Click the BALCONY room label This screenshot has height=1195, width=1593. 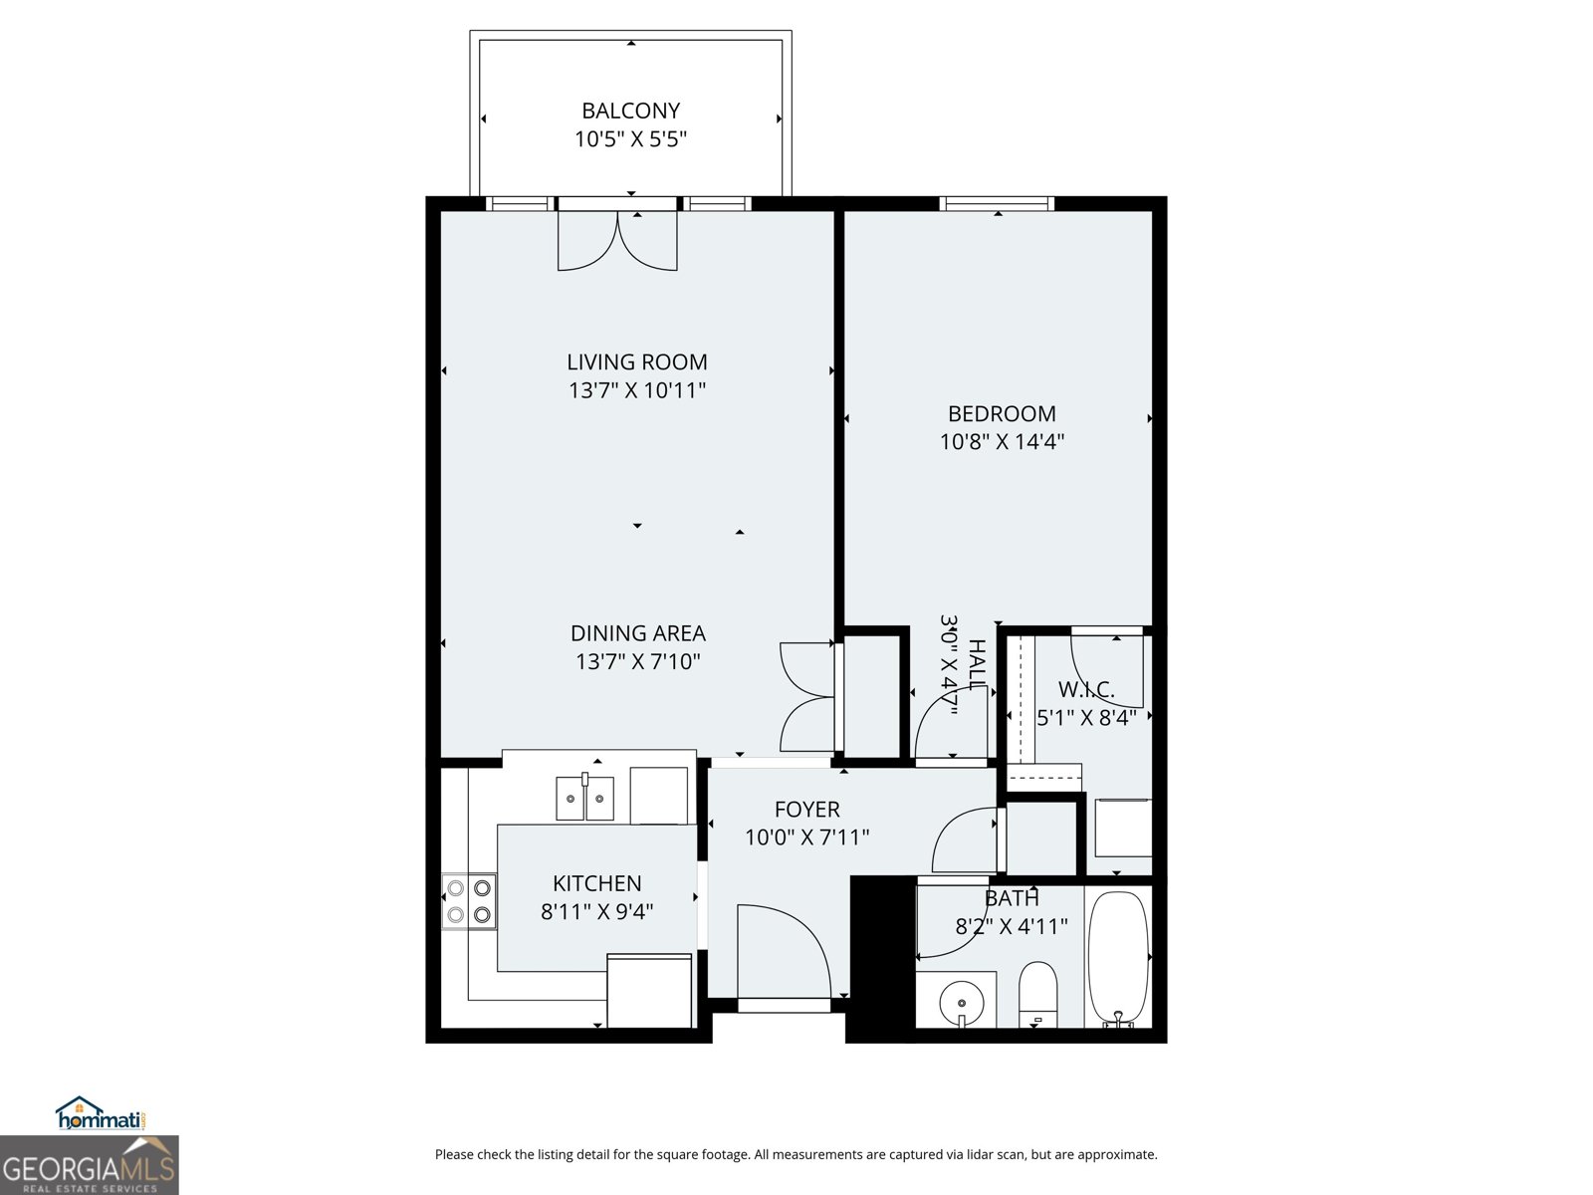click(x=630, y=111)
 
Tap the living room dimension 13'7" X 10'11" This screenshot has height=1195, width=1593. click(x=637, y=390)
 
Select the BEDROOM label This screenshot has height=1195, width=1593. click(x=1002, y=413)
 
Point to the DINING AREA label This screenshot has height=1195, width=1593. click(x=637, y=633)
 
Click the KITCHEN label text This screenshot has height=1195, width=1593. click(x=596, y=883)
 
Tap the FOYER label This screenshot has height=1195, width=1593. click(x=806, y=810)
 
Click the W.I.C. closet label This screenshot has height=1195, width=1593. click(x=1085, y=689)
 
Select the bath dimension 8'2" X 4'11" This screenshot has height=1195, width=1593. click(x=1012, y=927)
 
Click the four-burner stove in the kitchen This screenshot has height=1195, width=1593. click(x=469, y=900)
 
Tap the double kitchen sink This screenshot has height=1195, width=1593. click(x=584, y=799)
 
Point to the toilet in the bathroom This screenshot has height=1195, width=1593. click(x=1037, y=992)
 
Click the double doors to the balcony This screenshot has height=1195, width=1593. click(x=617, y=241)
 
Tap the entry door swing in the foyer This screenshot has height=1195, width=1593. click(x=782, y=951)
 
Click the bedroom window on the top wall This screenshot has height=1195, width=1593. click(x=997, y=204)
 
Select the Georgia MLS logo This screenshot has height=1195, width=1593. click(x=89, y=1165)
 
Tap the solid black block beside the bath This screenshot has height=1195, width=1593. click(x=880, y=958)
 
